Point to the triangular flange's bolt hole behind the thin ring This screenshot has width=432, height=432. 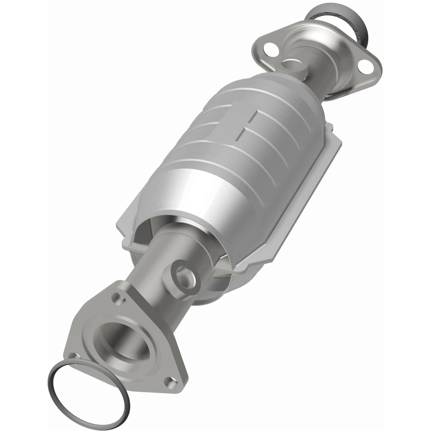pyautogui.click(x=73, y=357)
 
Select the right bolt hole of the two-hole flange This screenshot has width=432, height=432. pyautogui.click(x=365, y=66)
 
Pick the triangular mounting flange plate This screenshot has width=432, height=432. pyautogui.click(x=89, y=328)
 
